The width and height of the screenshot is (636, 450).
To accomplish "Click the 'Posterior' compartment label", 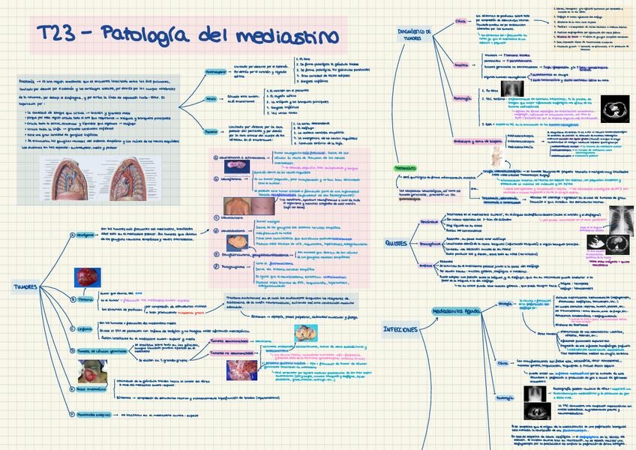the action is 212,130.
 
